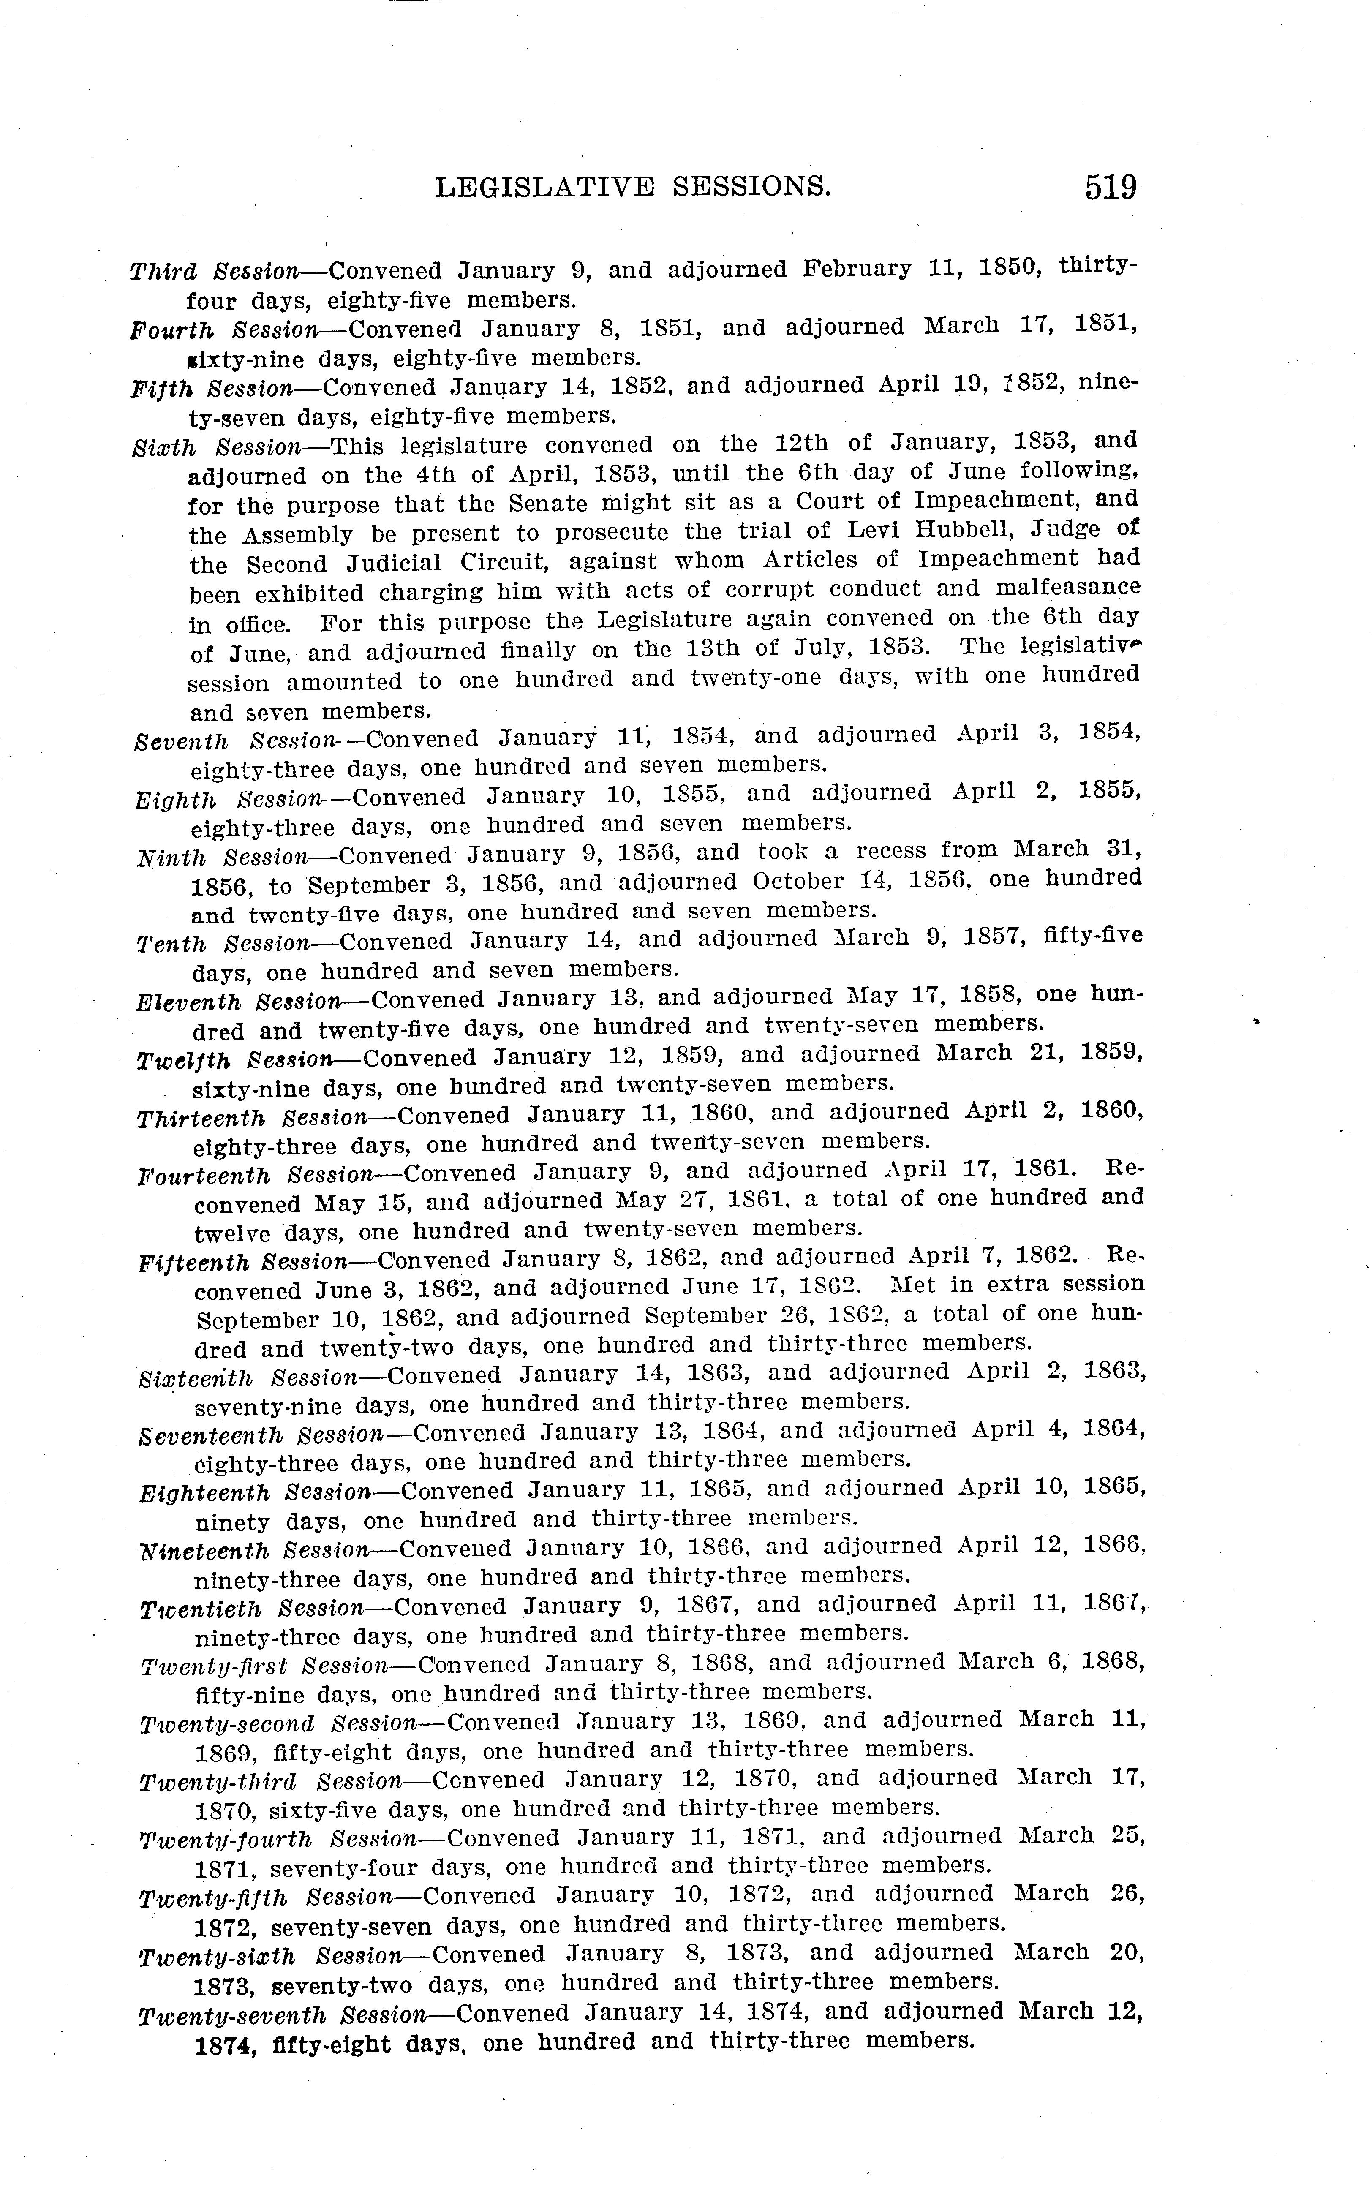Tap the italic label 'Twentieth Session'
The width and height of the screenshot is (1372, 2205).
pos(251,1609)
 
